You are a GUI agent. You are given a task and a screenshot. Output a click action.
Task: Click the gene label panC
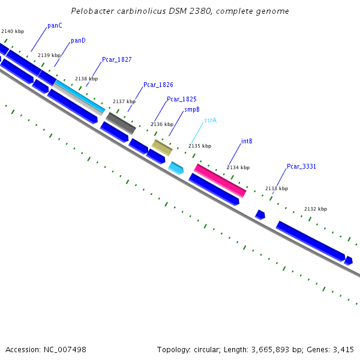[55, 26]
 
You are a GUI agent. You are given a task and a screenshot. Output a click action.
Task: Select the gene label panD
[78, 41]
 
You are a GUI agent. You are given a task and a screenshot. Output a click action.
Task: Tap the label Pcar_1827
[116, 59]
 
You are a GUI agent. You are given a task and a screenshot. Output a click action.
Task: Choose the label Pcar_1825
[181, 99]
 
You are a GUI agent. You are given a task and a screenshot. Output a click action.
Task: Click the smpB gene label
[192, 110]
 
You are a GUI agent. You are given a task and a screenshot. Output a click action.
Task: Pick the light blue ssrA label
[210, 120]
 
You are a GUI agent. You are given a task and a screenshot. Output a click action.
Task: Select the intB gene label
[247, 142]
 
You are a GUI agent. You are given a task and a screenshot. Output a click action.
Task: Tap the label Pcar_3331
[301, 166]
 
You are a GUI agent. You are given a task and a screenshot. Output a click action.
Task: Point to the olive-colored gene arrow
[162, 147]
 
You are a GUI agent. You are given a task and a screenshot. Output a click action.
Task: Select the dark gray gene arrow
[121, 123]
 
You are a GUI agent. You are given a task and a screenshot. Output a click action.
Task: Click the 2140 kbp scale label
[13, 31]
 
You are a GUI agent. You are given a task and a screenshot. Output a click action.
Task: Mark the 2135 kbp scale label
[200, 146]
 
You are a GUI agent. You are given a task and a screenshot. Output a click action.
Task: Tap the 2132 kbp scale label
[315, 209]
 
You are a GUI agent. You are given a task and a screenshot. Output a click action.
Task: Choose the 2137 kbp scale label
[124, 101]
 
